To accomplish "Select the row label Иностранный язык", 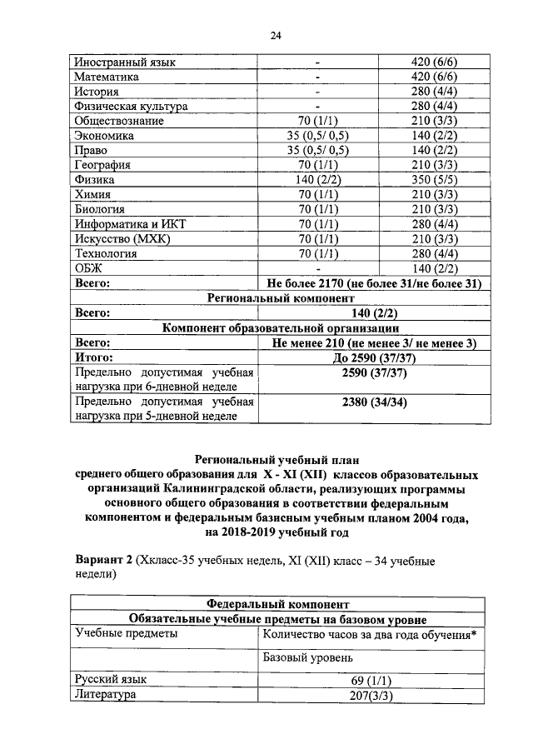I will tap(125, 62).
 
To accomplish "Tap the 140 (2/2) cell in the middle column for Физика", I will tap(317, 179).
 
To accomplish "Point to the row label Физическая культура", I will tap(131, 107).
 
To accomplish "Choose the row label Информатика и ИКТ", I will tap(127, 223).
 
